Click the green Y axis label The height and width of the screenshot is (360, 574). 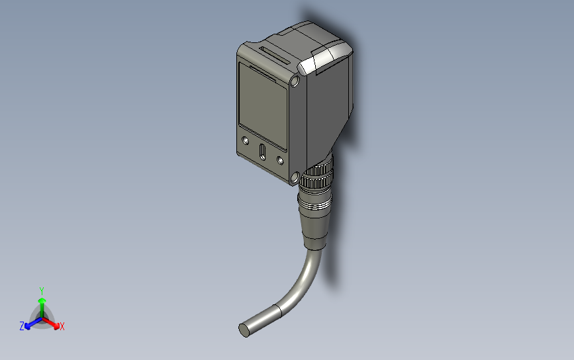click(x=42, y=291)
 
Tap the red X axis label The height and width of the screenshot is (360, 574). click(x=62, y=326)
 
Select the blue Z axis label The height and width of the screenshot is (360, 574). click(x=22, y=326)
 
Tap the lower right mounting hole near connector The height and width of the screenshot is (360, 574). click(x=295, y=177)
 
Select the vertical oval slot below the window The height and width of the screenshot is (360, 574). click(x=263, y=152)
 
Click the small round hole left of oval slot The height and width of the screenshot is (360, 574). click(x=246, y=141)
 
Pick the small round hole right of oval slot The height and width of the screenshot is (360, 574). click(x=279, y=160)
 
